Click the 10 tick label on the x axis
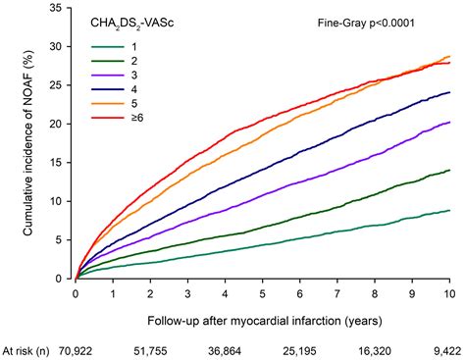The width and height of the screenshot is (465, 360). tap(449, 293)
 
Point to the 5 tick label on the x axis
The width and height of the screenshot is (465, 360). tap(262, 293)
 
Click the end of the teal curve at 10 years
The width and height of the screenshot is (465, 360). tap(449, 210)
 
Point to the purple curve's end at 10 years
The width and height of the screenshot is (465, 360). tap(449, 123)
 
